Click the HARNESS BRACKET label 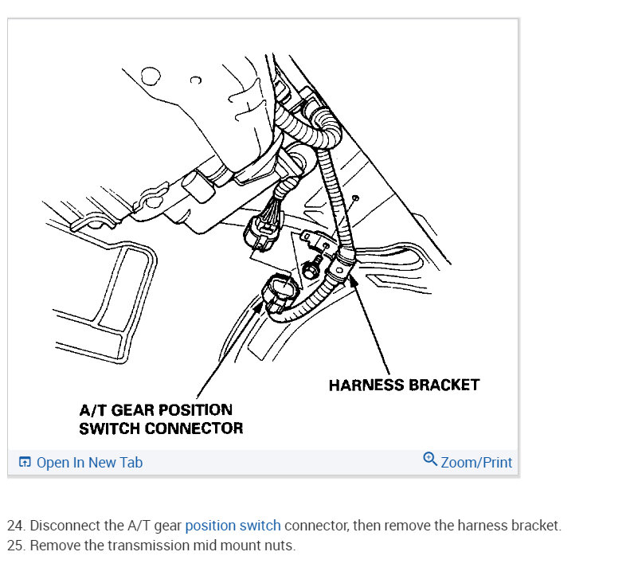(x=404, y=385)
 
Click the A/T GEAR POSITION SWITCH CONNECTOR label (x=160, y=419)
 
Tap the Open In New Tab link (x=89, y=463)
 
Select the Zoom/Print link (x=476, y=463)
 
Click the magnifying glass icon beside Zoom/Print (x=430, y=460)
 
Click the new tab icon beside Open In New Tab (x=25, y=463)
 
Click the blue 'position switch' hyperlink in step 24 (x=233, y=526)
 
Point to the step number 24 (x=15, y=526)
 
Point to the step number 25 (x=15, y=546)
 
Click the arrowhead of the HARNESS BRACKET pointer (x=351, y=277)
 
